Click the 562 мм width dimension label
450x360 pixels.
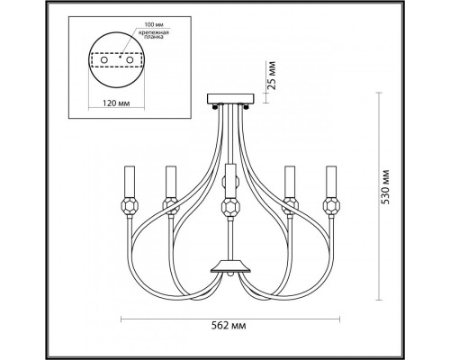pyautogui.click(x=229, y=326)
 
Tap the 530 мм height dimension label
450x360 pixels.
pyautogui.click(x=385, y=187)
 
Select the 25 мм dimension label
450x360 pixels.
pyautogui.click(x=272, y=76)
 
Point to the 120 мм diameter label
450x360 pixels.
pyautogui.click(x=116, y=103)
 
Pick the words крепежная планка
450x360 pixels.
pyautogui.click(x=154, y=35)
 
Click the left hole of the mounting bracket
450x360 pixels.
pyautogui.click(x=103, y=60)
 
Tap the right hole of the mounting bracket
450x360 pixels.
pyautogui.click(x=130, y=60)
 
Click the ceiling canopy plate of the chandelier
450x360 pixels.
pyautogui.click(x=230, y=98)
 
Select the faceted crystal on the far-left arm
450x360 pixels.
pyautogui.click(x=130, y=206)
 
